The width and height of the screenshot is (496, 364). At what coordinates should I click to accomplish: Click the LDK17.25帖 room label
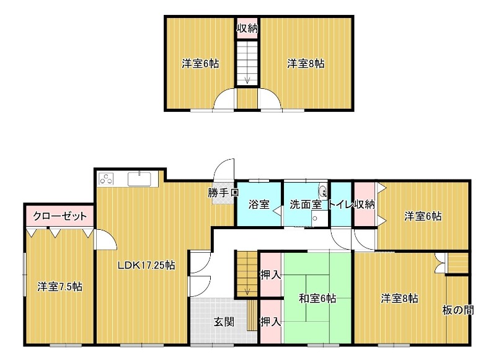[x=146, y=265]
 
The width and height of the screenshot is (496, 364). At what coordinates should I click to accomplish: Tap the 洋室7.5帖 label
[x=60, y=287]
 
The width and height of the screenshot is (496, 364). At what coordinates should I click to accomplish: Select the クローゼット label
[x=60, y=216]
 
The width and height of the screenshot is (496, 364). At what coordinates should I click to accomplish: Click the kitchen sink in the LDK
[x=139, y=179]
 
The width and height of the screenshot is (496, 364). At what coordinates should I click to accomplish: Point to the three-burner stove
[x=106, y=179]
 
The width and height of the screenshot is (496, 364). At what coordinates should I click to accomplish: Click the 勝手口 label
[x=223, y=193]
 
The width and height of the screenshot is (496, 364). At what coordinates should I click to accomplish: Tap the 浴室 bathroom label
[x=259, y=204]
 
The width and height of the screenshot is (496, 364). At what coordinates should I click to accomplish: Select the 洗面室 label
[x=306, y=204]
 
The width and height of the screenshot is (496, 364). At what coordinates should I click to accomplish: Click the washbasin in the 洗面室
[x=323, y=192]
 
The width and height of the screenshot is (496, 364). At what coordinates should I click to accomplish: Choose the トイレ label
[x=340, y=204]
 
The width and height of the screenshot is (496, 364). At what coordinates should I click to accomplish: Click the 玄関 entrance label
[x=224, y=322]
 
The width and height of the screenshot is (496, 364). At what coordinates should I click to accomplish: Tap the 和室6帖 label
[x=317, y=298]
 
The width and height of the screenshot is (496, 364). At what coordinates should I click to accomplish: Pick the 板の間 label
[x=458, y=310]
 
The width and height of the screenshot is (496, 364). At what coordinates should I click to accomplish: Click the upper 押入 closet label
[x=270, y=275]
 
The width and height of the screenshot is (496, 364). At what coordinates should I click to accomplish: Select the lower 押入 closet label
[x=270, y=322]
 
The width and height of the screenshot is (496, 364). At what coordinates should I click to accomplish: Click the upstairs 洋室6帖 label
[x=200, y=64]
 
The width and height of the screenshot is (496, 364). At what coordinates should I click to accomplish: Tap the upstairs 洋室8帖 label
[x=306, y=64]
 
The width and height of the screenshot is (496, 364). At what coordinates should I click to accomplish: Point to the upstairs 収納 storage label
[x=247, y=29]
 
